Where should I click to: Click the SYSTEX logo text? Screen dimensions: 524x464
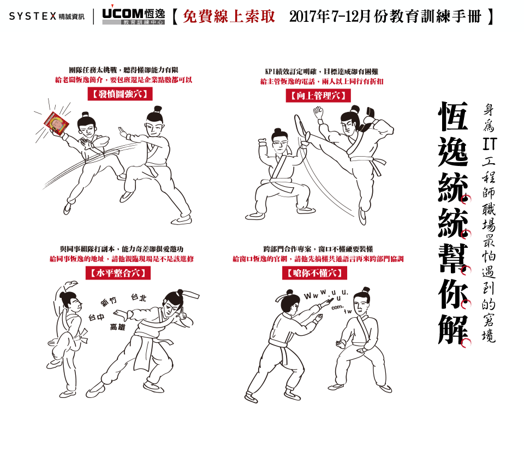pyautogui.click(x=32, y=16)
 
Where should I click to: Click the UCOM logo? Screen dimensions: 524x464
pyautogui.click(x=133, y=16)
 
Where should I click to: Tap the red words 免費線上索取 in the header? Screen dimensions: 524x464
pyautogui.click(x=229, y=16)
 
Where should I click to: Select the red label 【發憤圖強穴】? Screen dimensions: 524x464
pyautogui.click(x=120, y=94)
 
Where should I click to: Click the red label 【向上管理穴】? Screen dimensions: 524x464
pyautogui.click(x=318, y=96)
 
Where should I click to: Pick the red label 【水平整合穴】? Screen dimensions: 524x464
pyautogui.click(x=118, y=273)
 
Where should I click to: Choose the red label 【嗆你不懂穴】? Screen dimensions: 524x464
pyautogui.click(x=314, y=273)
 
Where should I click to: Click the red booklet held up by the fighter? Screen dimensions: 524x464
pyautogui.click(x=56, y=123)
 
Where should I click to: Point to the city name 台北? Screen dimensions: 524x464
pyautogui.click(x=139, y=297)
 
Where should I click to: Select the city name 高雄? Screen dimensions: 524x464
pyautogui.click(x=117, y=327)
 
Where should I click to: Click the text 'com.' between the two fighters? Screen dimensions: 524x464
pyautogui.click(x=337, y=307)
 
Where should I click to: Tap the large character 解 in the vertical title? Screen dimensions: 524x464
pyautogui.click(x=453, y=330)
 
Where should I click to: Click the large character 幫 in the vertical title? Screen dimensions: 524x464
pyautogui.click(x=453, y=258)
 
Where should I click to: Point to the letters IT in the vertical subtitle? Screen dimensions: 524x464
pyautogui.click(x=489, y=144)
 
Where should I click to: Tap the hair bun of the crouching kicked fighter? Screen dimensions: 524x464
pyautogui.click(x=277, y=131)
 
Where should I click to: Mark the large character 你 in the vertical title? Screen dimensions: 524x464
pyautogui.click(x=453, y=293)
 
